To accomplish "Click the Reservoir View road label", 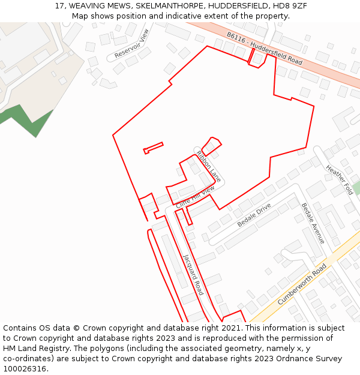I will (x=131, y=44).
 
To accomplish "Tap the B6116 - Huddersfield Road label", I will (x=264, y=49).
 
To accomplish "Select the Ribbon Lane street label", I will (x=208, y=166).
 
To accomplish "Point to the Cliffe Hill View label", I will (x=195, y=196).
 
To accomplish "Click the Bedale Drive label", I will (x=254, y=215).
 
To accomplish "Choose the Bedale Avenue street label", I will (x=313, y=223).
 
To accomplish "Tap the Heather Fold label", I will (x=339, y=179).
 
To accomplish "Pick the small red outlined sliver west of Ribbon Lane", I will (x=153, y=147).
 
